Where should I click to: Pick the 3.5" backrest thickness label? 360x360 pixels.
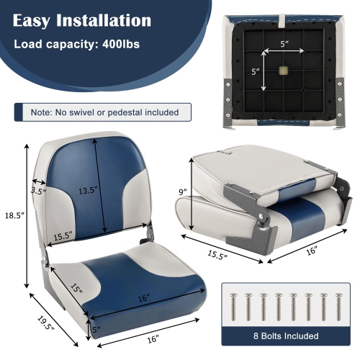tap(38, 191)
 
